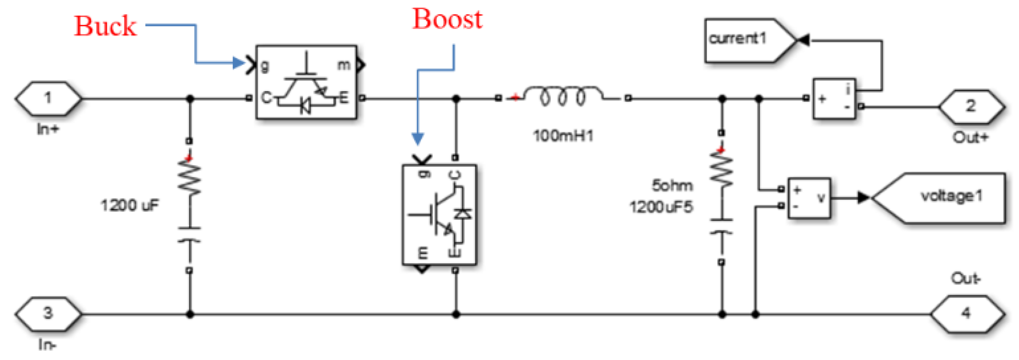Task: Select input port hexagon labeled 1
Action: (48, 98)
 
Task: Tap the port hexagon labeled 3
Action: (48, 314)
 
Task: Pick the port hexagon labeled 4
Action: (966, 314)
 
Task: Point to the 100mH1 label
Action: (563, 136)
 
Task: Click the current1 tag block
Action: (744, 40)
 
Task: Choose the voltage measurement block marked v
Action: (809, 198)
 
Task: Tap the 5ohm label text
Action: (672, 186)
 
